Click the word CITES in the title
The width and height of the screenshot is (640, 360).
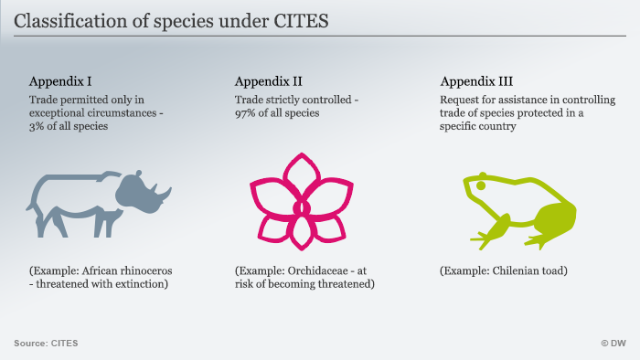click(301, 21)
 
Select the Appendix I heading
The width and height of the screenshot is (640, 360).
click(60, 81)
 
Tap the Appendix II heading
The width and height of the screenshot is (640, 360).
click(268, 81)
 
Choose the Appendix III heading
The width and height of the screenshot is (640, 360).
click(476, 81)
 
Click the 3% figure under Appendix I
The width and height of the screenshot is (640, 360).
click(36, 126)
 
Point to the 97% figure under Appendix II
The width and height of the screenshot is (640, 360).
click(244, 113)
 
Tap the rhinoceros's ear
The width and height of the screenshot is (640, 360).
click(138, 175)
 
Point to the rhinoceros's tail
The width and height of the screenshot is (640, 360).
click(30, 205)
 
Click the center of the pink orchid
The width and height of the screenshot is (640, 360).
click(302, 208)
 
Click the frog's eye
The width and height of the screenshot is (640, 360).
click(481, 185)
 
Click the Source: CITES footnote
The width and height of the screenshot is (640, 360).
click(46, 344)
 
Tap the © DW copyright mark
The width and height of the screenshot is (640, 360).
click(613, 344)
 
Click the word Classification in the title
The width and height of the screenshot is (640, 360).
click(70, 21)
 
